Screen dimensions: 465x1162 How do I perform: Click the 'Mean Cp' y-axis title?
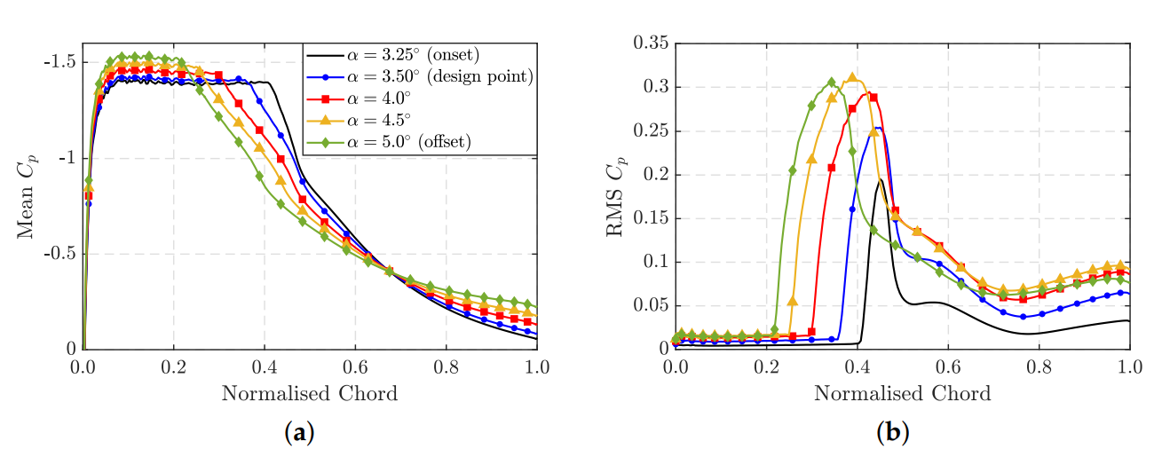click(26, 195)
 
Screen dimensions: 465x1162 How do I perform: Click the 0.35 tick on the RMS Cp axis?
click(652, 43)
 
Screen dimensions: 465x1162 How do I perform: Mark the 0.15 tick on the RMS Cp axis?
click(652, 218)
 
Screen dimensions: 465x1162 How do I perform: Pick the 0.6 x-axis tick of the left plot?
click(355, 366)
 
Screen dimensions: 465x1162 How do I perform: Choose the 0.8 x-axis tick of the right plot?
click(1039, 366)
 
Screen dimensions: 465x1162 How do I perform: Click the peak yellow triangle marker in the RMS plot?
click(853, 78)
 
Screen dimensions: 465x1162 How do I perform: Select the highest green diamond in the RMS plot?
click(832, 83)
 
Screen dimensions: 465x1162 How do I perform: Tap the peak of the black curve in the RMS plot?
click(880, 180)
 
